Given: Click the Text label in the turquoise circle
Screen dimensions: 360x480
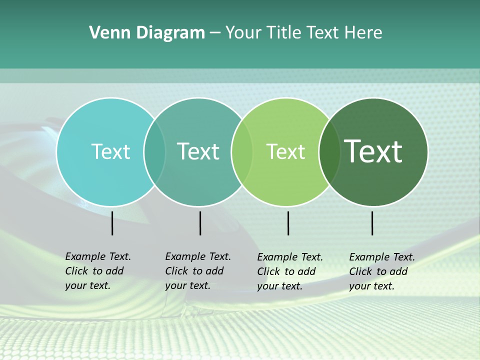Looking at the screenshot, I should (110, 151).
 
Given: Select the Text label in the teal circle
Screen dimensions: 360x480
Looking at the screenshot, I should (198, 151).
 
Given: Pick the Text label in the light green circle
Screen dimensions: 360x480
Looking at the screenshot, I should (285, 151).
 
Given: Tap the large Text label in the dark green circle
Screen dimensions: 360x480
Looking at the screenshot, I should (373, 151).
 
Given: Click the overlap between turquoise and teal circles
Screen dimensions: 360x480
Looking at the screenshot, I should (154, 151).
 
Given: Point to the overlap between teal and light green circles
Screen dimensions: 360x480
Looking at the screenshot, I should (242, 151).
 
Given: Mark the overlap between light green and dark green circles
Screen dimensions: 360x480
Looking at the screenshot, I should (329, 151).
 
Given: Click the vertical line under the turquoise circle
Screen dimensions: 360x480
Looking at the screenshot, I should (112, 223).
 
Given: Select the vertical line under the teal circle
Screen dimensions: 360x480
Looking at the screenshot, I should (200, 223).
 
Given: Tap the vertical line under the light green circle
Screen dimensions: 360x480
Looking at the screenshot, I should (288, 223).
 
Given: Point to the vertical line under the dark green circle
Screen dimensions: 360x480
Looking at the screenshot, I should (372, 223).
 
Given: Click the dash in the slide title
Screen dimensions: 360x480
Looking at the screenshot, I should (215, 33).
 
